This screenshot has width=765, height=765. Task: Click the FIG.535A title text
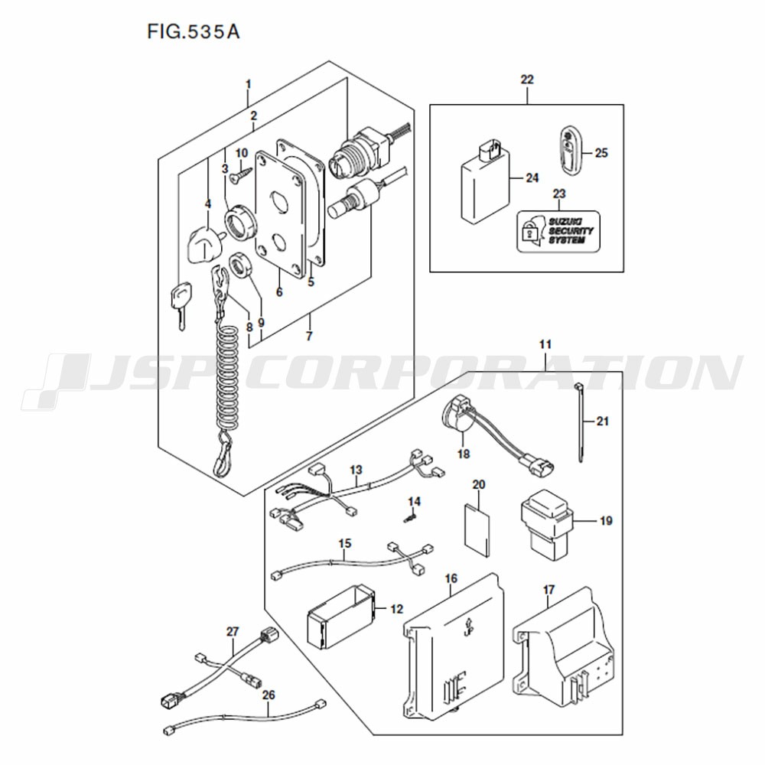[x=194, y=32]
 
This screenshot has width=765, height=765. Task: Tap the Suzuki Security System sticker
[x=558, y=231]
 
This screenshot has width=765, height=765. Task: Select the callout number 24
[x=532, y=178]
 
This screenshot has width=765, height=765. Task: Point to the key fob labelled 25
[x=569, y=150]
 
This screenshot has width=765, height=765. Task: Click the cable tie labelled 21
[x=579, y=422]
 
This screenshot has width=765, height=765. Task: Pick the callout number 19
[x=605, y=521]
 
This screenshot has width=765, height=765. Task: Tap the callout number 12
[x=396, y=609]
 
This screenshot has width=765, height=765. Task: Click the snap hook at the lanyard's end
[x=223, y=454]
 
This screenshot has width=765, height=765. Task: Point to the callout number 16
[x=451, y=578]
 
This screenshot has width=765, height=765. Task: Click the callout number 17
[x=549, y=590]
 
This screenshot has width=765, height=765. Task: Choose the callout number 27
[x=233, y=632]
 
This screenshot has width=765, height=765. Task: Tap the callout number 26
[x=269, y=695]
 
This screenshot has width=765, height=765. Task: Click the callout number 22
[x=527, y=79]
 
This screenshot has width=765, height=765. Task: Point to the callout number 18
[x=464, y=454]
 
